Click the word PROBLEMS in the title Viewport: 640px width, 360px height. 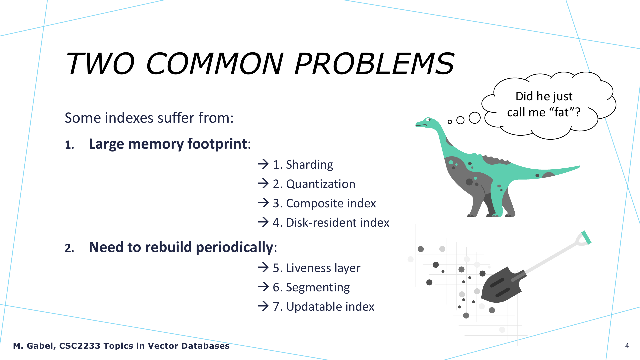tap(374, 63)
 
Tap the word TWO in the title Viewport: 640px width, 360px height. tap(100, 63)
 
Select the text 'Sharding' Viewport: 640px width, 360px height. tap(309, 165)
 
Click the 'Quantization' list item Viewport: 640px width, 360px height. tap(321, 184)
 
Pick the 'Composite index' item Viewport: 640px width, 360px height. tap(331, 203)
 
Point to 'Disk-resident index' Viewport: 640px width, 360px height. tap(338, 223)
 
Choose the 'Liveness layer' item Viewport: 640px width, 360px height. tap(323, 268)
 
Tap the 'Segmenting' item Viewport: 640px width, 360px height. tap(318, 287)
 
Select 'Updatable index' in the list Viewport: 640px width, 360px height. tap(330, 307)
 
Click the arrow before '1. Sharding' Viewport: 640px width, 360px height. tap(263, 164)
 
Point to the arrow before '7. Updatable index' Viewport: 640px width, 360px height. tap(263, 306)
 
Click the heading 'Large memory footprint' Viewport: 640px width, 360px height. tap(168, 144)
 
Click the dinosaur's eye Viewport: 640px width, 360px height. tap(428, 119)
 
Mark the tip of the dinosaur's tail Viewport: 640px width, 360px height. tap(580, 166)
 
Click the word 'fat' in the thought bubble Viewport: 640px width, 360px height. tap(561, 113)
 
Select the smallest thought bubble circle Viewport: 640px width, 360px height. tap(450, 122)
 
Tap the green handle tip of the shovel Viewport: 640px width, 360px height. tap(586, 237)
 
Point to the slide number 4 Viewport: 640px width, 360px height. tap(627, 346)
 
